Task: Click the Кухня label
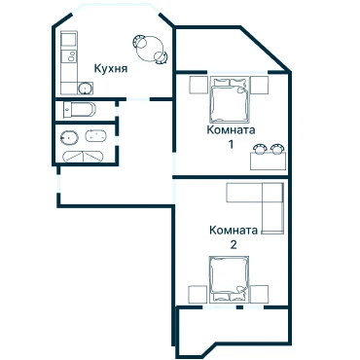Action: pos(111,68)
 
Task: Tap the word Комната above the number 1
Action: pos(231,129)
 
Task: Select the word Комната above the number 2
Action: pos(234,231)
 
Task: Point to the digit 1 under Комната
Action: pos(231,144)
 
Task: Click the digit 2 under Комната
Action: pos(234,244)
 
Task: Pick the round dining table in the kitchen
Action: pos(150,48)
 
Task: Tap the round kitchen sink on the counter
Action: pos(86,89)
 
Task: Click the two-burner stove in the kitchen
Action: pos(69,55)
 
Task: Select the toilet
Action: pos(80,109)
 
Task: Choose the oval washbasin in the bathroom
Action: pos(69,137)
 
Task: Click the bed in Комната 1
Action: pos(231,99)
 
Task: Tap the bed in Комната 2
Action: pos(229,279)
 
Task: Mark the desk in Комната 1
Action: pos(269,162)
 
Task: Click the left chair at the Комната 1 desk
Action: pos(260,149)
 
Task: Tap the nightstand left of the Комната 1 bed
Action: pos(198,85)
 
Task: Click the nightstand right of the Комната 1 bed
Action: pos(260,85)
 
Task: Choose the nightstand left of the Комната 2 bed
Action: pos(198,295)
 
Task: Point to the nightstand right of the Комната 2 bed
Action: pos(259,295)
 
